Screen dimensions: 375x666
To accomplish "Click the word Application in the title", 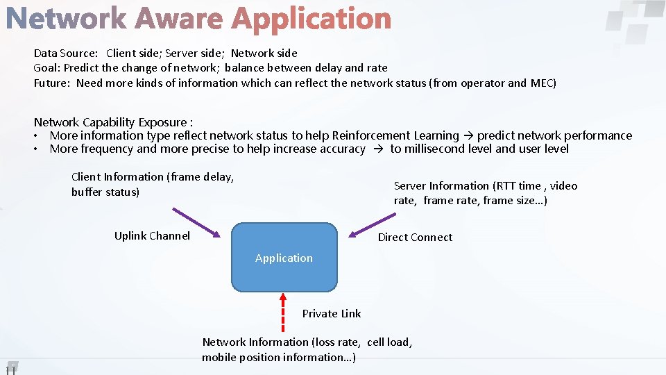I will pyautogui.click(x=311, y=19).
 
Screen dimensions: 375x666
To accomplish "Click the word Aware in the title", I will pyautogui.click(x=179, y=19).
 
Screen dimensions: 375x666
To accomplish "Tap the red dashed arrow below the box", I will pyautogui.click(x=282, y=312).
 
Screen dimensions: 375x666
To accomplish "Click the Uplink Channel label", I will pyautogui.click(x=152, y=236).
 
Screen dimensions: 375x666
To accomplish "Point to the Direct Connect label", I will pyautogui.click(x=415, y=237).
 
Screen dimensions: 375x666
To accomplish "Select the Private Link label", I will pyautogui.click(x=332, y=314).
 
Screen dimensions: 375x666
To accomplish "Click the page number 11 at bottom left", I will pyautogui.click(x=10, y=369).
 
